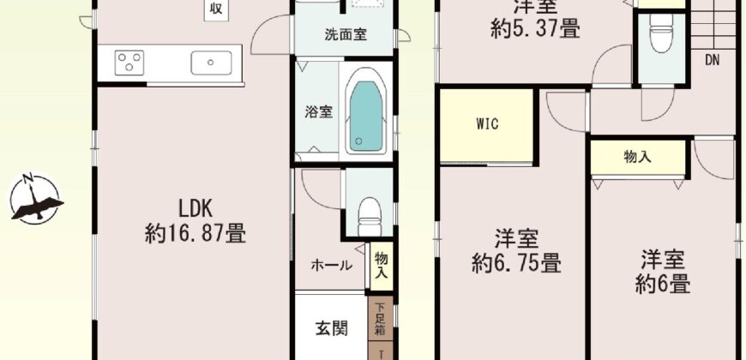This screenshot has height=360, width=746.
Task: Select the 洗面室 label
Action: click(x=346, y=35)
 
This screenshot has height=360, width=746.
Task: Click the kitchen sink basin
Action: click(x=211, y=62)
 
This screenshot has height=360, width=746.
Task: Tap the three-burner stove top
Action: click(x=129, y=62)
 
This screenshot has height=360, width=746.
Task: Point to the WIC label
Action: click(x=487, y=123)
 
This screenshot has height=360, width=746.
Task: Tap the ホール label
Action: click(x=331, y=265)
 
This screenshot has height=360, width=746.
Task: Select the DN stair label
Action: click(x=713, y=60)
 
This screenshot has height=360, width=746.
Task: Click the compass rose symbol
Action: click(x=36, y=199)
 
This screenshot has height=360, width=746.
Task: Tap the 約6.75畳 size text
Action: click(x=515, y=261)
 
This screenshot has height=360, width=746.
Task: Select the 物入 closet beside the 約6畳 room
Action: click(x=637, y=158)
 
